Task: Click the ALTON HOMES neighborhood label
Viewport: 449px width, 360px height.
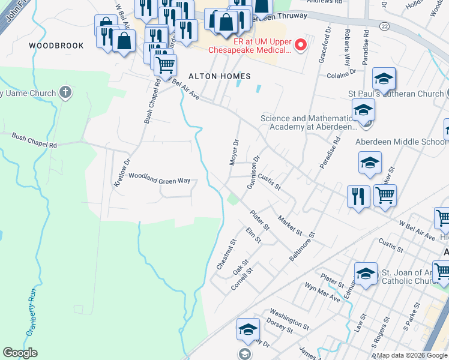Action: (x=219, y=76)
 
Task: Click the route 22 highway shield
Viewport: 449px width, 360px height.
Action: (x=384, y=25)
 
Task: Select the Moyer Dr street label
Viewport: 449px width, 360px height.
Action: (x=235, y=152)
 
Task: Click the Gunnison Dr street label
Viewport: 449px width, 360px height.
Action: (x=253, y=173)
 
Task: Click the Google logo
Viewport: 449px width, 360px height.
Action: (x=20, y=353)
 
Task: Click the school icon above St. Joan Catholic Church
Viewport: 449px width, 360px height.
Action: (x=366, y=273)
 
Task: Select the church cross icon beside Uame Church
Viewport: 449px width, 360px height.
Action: (x=66, y=93)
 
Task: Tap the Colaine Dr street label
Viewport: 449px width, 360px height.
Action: (x=341, y=75)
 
